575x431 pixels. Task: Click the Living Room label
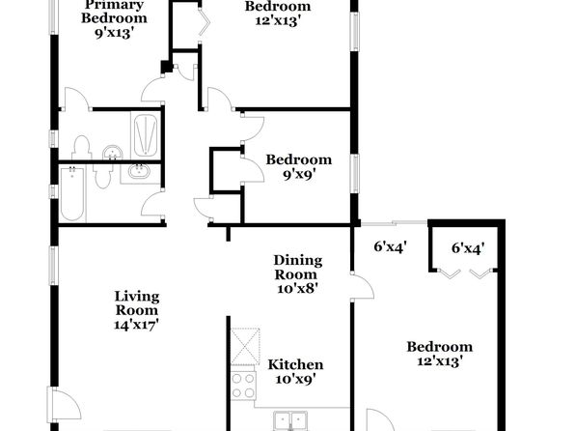pyautogui.click(x=137, y=303)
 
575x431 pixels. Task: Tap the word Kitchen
pyautogui.click(x=295, y=365)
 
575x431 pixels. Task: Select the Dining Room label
pyautogui.click(x=298, y=268)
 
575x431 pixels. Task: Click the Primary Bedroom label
pyautogui.click(x=114, y=12)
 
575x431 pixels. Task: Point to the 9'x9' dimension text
pyautogui.click(x=299, y=175)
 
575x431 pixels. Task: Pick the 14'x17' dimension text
pyautogui.click(x=136, y=325)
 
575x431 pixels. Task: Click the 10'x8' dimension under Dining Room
pyautogui.click(x=297, y=289)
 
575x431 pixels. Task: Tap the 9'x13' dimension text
pyautogui.click(x=113, y=34)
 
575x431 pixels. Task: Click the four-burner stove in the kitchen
pyautogui.click(x=243, y=386)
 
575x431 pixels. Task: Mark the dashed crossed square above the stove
pyautogui.click(x=245, y=346)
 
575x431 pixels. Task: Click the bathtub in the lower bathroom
pyautogui.click(x=72, y=194)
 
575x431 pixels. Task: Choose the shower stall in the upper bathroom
pyautogui.click(x=146, y=135)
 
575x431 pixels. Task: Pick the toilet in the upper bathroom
pyautogui.click(x=81, y=148)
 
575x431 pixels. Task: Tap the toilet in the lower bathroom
pyautogui.click(x=103, y=176)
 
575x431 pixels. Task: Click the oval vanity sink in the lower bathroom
pyautogui.click(x=139, y=172)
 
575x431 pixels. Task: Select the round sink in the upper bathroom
pyautogui.click(x=113, y=153)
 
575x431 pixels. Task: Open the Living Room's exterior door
pyautogui.click(x=65, y=404)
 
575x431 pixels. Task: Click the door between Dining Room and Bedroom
pyautogui.click(x=363, y=287)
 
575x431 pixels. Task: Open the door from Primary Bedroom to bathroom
pyautogui.click(x=76, y=99)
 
